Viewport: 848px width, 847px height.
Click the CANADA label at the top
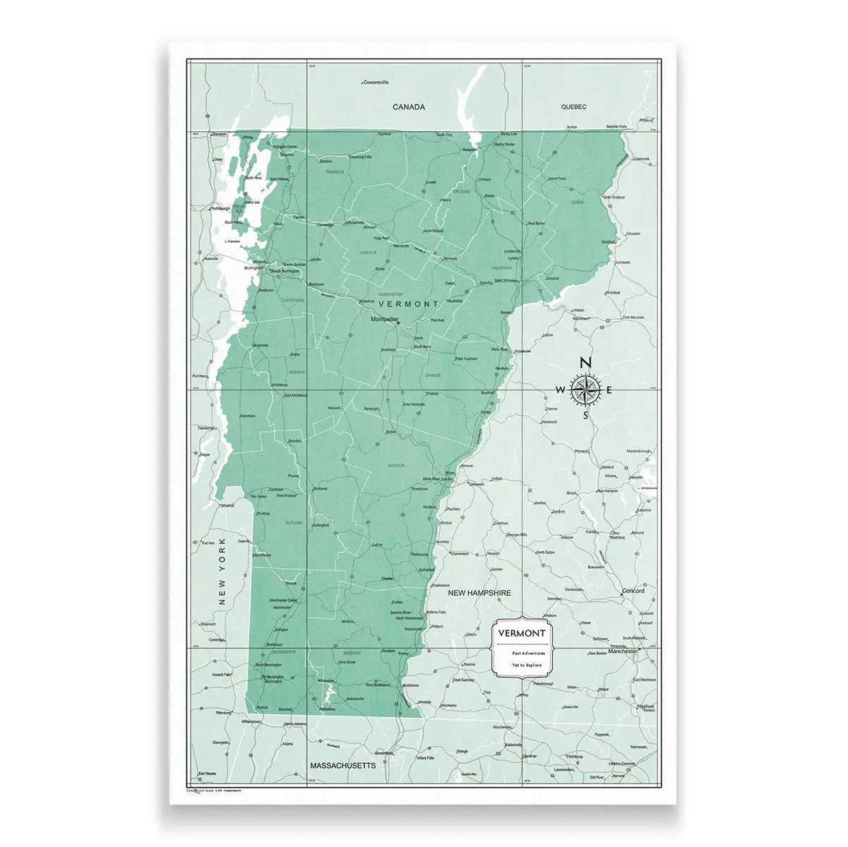pyautogui.click(x=409, y=107)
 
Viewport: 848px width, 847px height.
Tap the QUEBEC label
pyautogui.click(x=574, y=107)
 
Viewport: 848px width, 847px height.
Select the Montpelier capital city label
pyautogui.click(x=386, y=319)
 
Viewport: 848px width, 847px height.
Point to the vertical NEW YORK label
pyautogui.click(x=221, y=571)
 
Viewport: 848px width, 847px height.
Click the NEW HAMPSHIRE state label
pyautogui.click(x=479, y=594)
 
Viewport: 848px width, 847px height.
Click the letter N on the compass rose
pyautogui.click(x=585, y=363)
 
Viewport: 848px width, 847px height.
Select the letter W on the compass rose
pyautogui.click(x=561, y=390)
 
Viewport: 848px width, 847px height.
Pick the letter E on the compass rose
pyautogui.click(x=610, y=390)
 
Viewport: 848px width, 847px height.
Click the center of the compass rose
pyautogui.click(x=585, y=390)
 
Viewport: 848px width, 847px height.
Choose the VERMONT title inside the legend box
pyautogui.click(x=521, y=633)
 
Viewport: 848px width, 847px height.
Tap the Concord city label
pyautogui.click(x=633, y=591)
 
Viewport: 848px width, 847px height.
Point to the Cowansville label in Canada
pyautogui.click(x=376, y=82)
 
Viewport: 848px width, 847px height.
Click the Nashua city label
pyautogui.click(x=645, y=706)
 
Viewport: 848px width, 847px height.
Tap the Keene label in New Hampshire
pyautogui.click(x=468, y=665)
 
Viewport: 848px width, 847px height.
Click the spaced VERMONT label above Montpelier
pyautogui.click(x=409, y=303)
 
